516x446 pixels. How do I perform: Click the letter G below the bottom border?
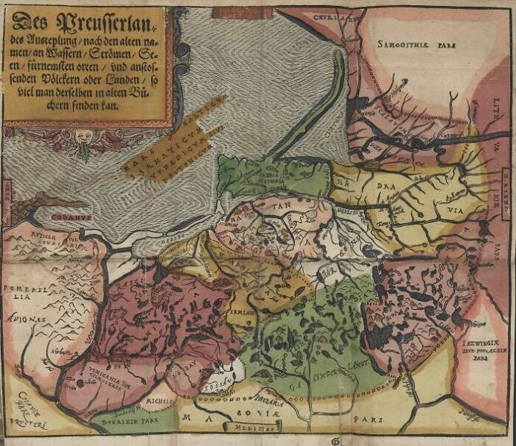(330, 440)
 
